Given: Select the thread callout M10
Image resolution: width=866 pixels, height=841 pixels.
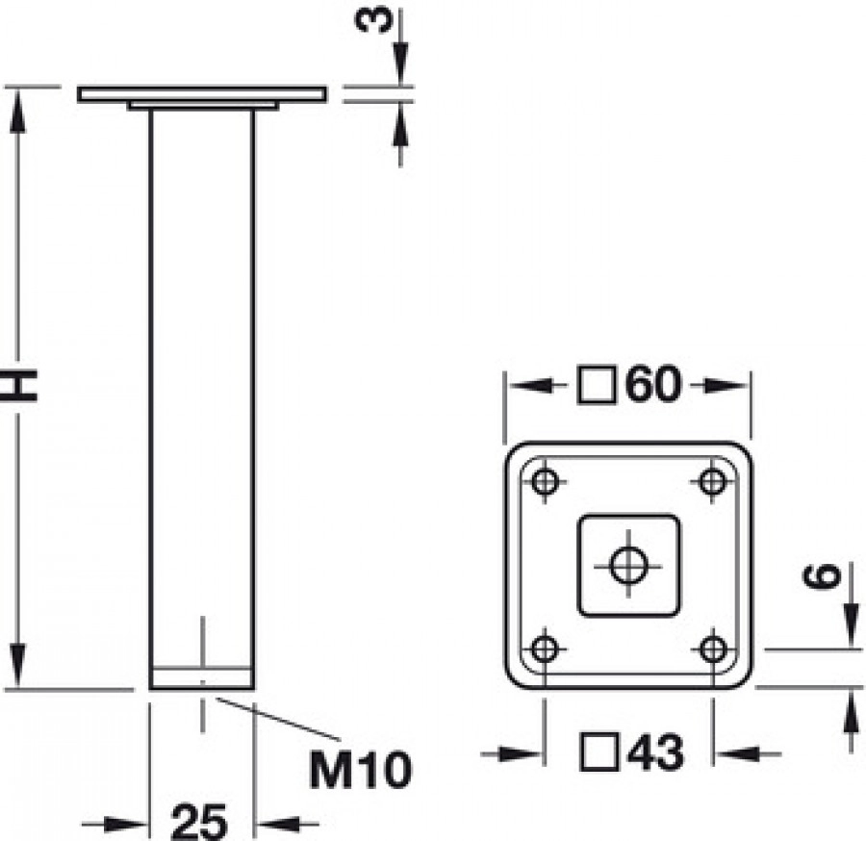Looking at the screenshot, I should tap(361, 769).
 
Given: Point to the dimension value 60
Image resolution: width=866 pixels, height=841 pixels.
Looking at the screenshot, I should tap(653, 385).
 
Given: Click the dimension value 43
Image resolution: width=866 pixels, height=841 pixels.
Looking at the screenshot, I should tap(653, 752).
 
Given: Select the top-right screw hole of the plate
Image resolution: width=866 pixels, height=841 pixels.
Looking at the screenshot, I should tap(712, 481).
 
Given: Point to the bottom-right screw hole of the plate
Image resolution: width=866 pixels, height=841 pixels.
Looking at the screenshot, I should tap(712, 649).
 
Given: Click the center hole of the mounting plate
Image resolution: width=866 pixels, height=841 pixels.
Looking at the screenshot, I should tap(628, 565).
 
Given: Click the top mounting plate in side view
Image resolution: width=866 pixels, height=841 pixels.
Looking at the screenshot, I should tap(202, 94).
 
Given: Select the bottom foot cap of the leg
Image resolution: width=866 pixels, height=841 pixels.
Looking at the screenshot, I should tap(202, 677).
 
